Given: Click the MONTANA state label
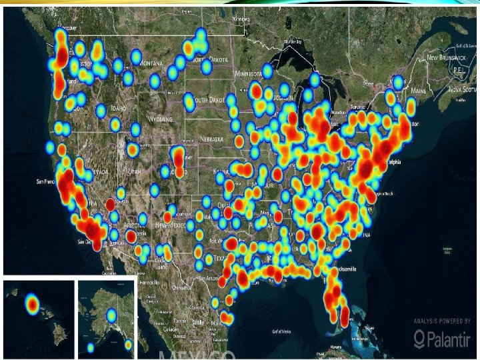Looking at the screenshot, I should click(x=151, y=62).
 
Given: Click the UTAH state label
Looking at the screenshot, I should click(x=135, y=171).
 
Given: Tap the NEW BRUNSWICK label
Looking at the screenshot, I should click(x=442, y=58).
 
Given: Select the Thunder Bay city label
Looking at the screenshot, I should click(x=292, y=41).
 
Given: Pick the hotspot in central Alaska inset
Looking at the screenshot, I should click(x=111, y=314).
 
